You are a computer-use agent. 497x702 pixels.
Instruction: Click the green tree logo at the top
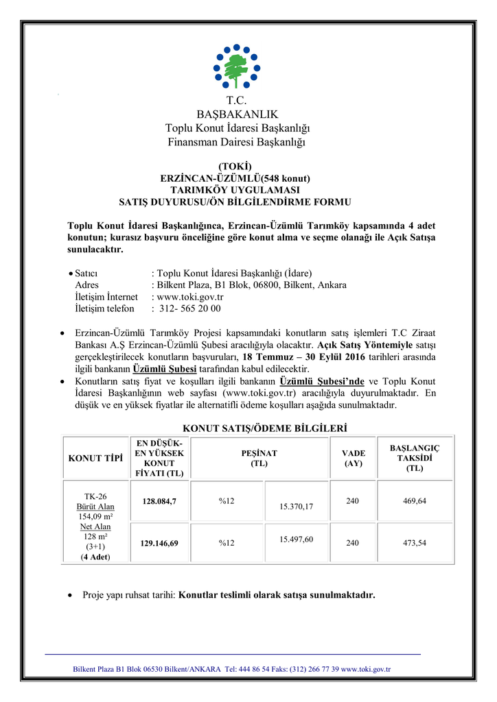point(237,66)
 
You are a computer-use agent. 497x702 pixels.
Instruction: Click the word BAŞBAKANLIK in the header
point(237,114)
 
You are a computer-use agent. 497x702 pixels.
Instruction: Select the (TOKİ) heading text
point(235,166)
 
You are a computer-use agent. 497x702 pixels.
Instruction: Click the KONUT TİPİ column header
point(95,458)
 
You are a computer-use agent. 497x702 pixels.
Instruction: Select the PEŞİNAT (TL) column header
point(259,458)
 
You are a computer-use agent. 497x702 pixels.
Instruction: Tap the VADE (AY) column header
point(354,458)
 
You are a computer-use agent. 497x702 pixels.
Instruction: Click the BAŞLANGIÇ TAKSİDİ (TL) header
point(415,458)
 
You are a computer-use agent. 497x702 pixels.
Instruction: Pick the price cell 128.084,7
point(159,501)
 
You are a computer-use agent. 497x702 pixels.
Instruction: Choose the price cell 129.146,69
point(159,543)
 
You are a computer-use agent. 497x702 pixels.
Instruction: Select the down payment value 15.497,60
point(297,539)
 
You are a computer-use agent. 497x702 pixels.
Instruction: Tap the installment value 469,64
point(415,501)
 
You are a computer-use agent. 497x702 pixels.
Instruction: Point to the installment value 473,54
point(415,543)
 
